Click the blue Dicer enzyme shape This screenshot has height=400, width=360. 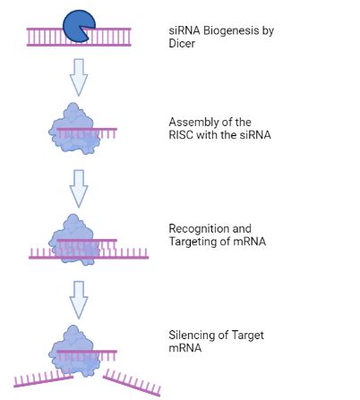(x=78, y=26)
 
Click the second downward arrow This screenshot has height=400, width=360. (x=79, y=187)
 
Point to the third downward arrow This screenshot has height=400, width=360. (x=79, y=297)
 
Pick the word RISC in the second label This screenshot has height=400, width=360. (x=183, y=134)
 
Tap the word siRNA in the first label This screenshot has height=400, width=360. (x=182, y=30)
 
